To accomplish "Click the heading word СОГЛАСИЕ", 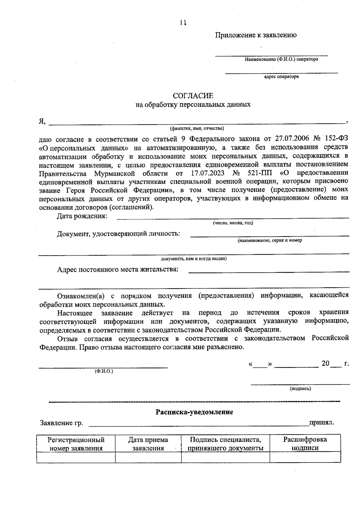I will pyautogui.click(x=193, y=96).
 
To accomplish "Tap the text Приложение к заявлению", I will pyautogui.click(x=256, y=35).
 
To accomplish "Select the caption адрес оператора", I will pyautogui.click(x=281, y=77).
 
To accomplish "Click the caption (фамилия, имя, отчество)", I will pyautogui.click(x=197, y=129).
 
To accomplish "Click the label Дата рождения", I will pyautogui.click(x=82, y=216).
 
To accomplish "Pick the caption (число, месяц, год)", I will pyautogui.click(x=233, y=223).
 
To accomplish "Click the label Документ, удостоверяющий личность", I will pyautogui.click(x=118, y=233).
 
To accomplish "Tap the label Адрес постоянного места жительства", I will pyautogui.click(x=118, y=269).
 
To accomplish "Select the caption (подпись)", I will pyautogui.click(x=300, y=389).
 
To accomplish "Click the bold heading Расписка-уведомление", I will pyautogui.click(x=194, y=412).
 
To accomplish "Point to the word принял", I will pyautogui.click(x=322, y=422).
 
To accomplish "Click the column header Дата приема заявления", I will pyautogui.click(x=148, y=444).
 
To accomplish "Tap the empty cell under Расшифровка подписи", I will pyautogui.click(x=305, y=457).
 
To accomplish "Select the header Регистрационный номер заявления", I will pyautogui.click(x=76, y=444).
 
